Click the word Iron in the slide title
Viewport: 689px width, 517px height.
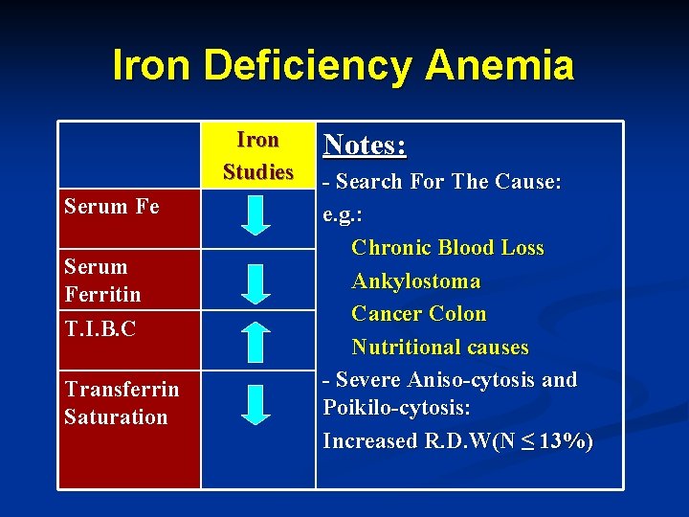151,66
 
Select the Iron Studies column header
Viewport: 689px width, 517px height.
257,156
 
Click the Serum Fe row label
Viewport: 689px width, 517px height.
111,206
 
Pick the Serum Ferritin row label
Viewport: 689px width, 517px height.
102,280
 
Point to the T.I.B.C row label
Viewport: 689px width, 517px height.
100,328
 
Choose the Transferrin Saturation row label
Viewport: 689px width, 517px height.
121,403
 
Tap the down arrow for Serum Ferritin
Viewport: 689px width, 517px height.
256,284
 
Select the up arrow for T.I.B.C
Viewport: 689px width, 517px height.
256,343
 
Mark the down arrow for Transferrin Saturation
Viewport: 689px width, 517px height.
256,404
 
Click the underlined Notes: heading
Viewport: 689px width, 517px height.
365,145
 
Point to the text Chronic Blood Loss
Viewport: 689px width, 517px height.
447,248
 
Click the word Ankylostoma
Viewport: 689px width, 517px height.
415,281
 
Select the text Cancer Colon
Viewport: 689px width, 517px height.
418,314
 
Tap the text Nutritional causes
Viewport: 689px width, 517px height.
439,347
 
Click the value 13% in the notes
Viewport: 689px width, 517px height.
564,441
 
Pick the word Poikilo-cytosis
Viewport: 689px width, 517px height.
396,408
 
